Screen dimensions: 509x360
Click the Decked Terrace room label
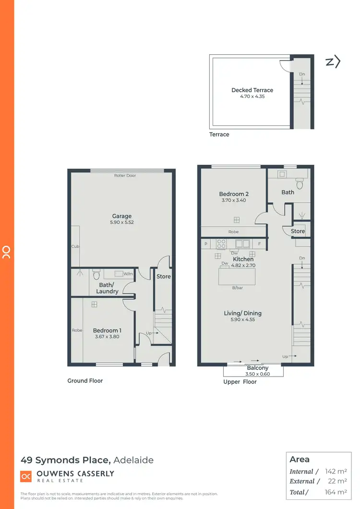pyautogui.click(x=252, y=90)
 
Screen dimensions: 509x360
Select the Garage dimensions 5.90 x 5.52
pyautogui.click(x=122, y=223)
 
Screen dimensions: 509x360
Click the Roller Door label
pyautogui.click(x=125, y=176)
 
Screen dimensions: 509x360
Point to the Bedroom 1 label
pyautogui.click(x=107, y=330)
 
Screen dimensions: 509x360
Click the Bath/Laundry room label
pyautogui.click(x=107, y=288)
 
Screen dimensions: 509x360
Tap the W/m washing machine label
pyautogui.click(x=128, y=274)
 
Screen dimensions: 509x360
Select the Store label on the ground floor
pyautogui.click(x=163, y=277)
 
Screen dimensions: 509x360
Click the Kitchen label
pyautogui.click(x=243, y=259)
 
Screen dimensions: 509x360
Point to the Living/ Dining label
pyautogui.click(x=242, y=313)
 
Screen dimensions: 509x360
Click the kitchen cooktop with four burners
pyautogui.click(x=221, y=244)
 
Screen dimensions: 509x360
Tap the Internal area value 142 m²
pyautogui.click(x=336, y=472)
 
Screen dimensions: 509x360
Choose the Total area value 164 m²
pyautogui.click(x=336, y=492)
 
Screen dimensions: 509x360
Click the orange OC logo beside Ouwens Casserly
pyautogui.click(x=26, y=476)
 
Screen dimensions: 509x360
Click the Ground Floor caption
pyautogui.click(x=85, y=381)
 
